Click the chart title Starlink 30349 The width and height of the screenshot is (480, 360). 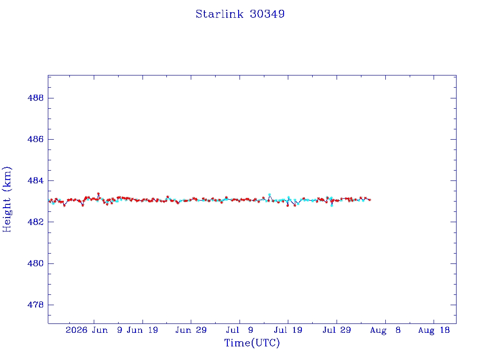click(x=240, y=14)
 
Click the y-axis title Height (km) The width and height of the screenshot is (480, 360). click(x=7, y=199)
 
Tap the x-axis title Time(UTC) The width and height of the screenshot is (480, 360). click(x=252, y=343)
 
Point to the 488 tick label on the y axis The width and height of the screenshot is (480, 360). click(x=36, y=98)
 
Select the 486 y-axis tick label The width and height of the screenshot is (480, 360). click(x=36, y=139)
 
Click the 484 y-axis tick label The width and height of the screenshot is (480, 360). click(x=36, y=180)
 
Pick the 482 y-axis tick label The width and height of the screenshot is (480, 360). click(x=36, y=222)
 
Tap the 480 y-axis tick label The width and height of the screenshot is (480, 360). click(x=36, y=263)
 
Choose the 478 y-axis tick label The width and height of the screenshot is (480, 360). click(x=36, y=305)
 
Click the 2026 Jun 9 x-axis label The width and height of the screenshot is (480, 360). click(x=94, y=330)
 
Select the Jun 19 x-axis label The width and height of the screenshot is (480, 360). click(x=142, y=330)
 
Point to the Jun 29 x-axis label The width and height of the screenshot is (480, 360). click(x=191, y=330)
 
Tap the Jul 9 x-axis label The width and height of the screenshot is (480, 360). click(x=240, y=330)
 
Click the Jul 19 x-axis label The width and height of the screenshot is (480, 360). click(x=288, y=330)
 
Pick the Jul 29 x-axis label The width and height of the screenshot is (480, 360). click(x=337, y=330)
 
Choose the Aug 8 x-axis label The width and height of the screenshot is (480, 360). click(x=385, y=330)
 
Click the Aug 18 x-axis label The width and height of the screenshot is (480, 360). click(x=434, y=330)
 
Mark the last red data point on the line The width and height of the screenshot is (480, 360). click(x=370, y=200)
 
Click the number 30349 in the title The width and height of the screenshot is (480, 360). click(x=267, y=14)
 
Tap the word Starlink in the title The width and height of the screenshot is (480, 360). click(x=219, y=14)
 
